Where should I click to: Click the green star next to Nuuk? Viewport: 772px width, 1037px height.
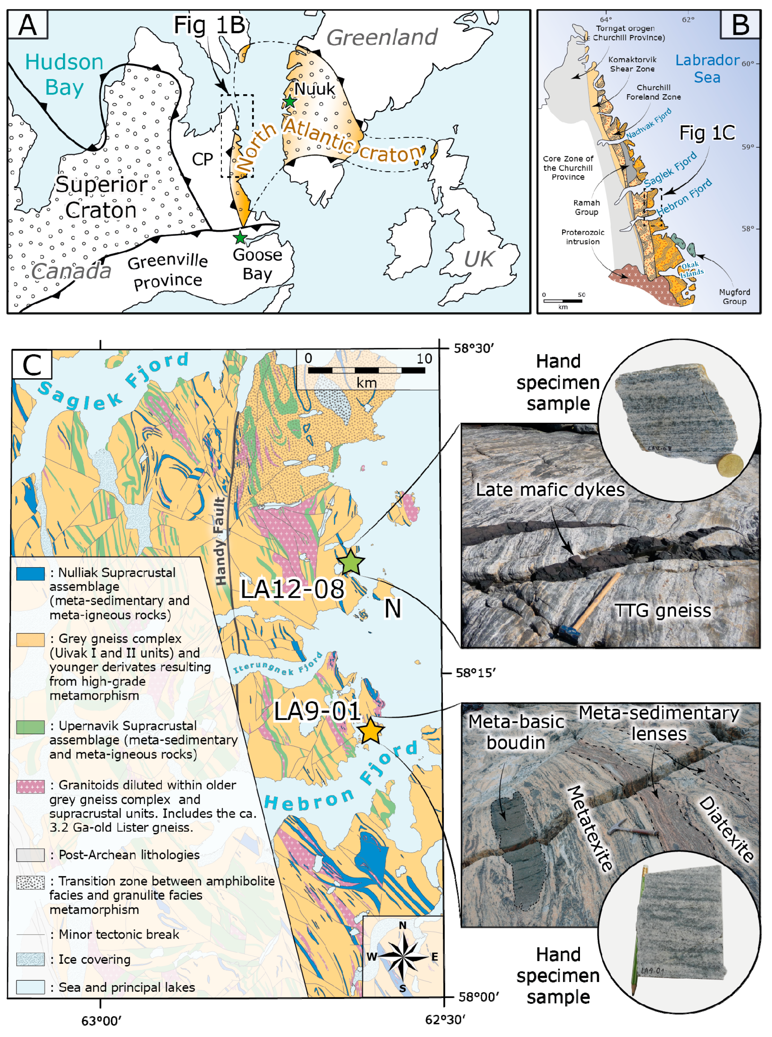[x=290, y=101]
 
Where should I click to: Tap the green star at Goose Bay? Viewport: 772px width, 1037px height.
[x=240, y=237]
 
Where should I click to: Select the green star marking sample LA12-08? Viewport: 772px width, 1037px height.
[x=350, y=563]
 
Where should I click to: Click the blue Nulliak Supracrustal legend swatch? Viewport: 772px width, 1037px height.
[x=31, y=574]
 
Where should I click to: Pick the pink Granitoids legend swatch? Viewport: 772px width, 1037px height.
[x=31, y=786]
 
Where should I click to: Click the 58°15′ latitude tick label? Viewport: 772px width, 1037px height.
[x=475, y=673]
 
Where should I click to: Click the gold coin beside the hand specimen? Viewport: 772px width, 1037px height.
[x=730, y=465]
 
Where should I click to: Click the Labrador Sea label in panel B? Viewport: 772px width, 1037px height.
[x=707, y=68]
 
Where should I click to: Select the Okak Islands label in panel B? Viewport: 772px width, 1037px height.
[x=691, y=269]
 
